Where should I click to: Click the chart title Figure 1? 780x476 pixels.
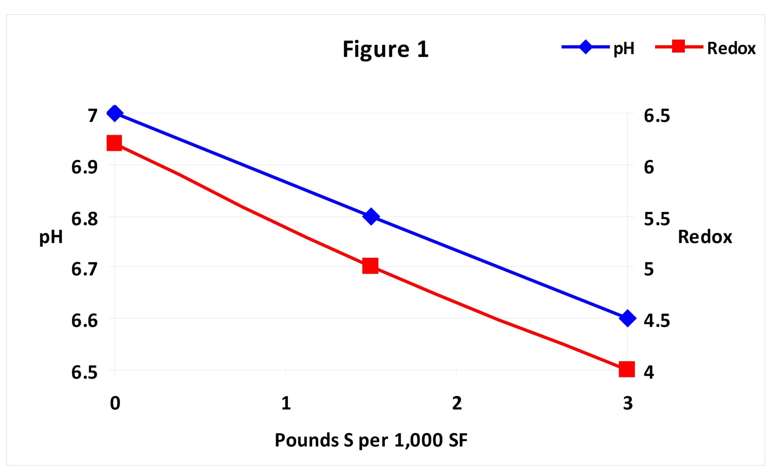click(385, 49)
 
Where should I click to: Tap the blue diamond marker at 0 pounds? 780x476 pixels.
click(115, 113)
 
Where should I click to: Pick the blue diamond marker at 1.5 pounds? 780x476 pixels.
click(371, 216)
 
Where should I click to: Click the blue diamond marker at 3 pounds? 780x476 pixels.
click(628, 318)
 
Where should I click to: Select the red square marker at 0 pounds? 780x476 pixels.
click(114, 143)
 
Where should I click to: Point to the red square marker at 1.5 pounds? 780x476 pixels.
click(370, 266)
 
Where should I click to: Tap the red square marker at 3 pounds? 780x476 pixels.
click(627, 369)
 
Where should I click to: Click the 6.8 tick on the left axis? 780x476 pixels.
click(84, 218)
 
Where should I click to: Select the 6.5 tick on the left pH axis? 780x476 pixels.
click(84, 372)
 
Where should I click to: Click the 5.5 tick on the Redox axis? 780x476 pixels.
click(657, 218)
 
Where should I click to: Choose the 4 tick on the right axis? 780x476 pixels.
click(649, 372)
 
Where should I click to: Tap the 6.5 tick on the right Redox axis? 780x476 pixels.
click(657, 115)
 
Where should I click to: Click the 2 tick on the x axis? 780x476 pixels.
click(457, 403)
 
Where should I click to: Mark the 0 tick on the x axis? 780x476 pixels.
click(115, 403)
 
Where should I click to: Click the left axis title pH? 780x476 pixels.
click(51, 237)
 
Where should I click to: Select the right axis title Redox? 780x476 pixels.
click(705, 237)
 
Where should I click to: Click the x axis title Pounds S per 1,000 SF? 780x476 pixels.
click(371, 440)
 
